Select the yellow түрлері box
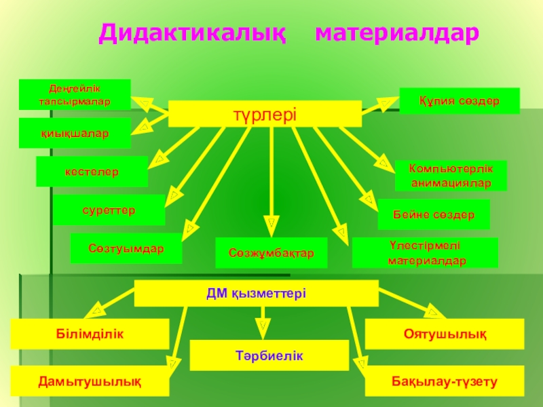(265, 113)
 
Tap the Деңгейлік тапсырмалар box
(75, 94)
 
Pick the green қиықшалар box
(75, 133)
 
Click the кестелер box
(92, 172)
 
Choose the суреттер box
(109, 210)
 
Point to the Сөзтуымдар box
(126, 249)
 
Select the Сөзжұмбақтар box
(271, 253)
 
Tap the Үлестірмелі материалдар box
(425, 252)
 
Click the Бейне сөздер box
(434, 214)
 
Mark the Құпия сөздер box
(460, 100)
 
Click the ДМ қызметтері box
(257, 293)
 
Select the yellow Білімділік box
(90, 334)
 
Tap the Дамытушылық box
(90, 381)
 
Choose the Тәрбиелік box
(269, 355)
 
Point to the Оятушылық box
(445, 334)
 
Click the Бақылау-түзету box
(445, 381)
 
